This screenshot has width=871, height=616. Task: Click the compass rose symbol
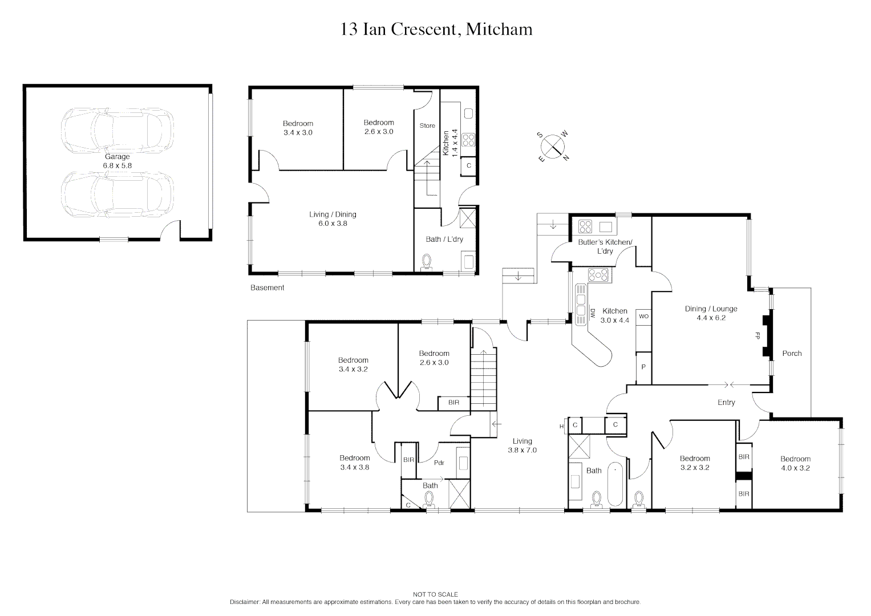click(553, 146)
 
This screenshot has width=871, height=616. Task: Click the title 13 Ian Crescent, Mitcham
click(436, 29)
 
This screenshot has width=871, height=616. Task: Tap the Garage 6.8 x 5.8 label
click(117, 161)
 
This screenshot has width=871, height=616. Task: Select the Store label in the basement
click(427, 125)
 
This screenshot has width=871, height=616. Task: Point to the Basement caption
click(267, 288)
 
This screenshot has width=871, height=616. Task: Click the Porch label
click(792, 354)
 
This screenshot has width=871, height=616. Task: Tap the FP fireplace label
click(757, 335)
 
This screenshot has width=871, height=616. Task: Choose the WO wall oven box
click(643, 317)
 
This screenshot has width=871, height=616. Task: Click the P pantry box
click(643, 367)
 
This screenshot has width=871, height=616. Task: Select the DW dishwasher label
click(593, 314)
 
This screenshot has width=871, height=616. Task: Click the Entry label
click(726, 403)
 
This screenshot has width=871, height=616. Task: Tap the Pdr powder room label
click(439, 463)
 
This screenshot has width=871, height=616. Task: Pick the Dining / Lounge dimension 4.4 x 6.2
click(711, 318)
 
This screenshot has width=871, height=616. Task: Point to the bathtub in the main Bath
click(615, 484)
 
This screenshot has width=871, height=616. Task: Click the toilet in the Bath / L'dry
click(427, 263)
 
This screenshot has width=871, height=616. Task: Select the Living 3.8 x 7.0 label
click(522, 445)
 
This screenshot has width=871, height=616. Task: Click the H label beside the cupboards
click(561, 426)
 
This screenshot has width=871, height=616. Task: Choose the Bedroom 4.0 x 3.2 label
click(795, 464)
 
